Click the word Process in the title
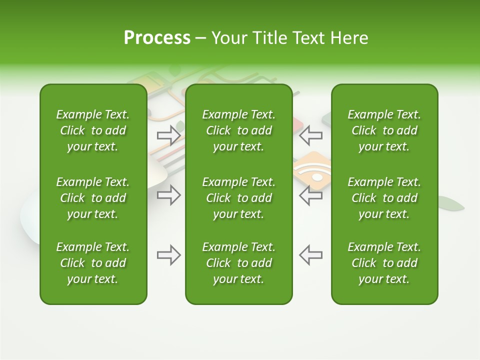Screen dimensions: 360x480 pyautogui.click(x=157, y=38)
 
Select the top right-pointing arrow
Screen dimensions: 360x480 pyautogui.click(x=168, y=134)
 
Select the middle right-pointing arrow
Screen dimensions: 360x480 pyautogui.click(x=168, y=195)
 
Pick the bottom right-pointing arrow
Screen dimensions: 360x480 pyautogui.click(x=168, y=255)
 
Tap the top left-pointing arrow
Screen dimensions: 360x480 pyautogui.click(x=311, y=134)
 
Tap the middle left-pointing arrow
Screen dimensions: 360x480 pyautogui.click(x=311, y=195)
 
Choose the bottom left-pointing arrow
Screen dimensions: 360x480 pyautogui.click(x=311, y=255)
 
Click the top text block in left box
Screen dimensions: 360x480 pyautogui.click(x=93, y=130)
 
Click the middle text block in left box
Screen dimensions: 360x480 pyautogui.click(x=93, y=198)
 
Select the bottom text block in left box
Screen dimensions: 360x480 pyautogui.click(x=93, y=263)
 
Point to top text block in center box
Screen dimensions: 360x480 pyautogui.click(x=238, y=130)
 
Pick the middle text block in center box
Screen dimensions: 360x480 pyautogui.click(x=238, y=198)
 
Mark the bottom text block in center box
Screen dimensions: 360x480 pyautogui.click(x=238, y=263)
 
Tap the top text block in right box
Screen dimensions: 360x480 pyautogui.click(x=384, y=130)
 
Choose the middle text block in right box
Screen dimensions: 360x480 pyautogui.click(x=384, y=198)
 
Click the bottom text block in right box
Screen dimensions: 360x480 pyautogui.click(x=384, y=263)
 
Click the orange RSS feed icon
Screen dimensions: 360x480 pyautogui.click(x=313, y=170)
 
